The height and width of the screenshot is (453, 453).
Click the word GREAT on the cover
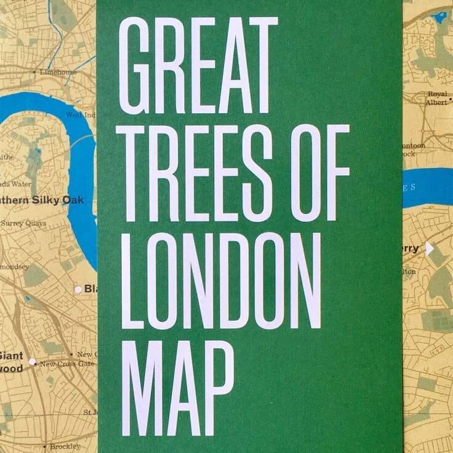pos(198,65)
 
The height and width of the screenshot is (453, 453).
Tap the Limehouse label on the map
pos(58,72)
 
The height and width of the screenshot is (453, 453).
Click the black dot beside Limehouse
pos(34,72)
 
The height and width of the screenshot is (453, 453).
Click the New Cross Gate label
pos(66,364)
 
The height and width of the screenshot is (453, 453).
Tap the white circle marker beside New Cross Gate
pos(32,362)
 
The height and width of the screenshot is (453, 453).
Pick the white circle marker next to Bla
pos(78,289)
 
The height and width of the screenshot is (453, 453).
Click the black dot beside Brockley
pos(45,446)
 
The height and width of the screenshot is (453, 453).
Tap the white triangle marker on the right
pos(430,249)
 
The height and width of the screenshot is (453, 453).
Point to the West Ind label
pos(81,115)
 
